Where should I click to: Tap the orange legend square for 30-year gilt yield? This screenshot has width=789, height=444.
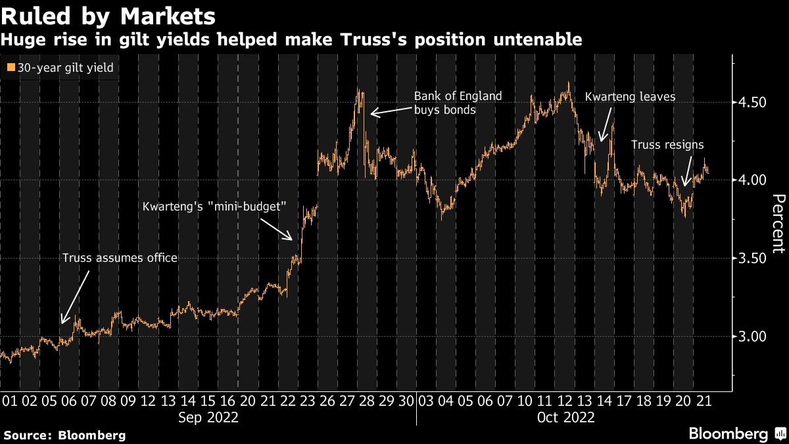(x=10, y=67)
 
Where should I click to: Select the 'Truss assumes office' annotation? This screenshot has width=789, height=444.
(x=120, y=258)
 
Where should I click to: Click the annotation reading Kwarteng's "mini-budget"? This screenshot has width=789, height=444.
(x=215, y=207)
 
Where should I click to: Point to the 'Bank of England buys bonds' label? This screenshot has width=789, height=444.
(x=458, y=103)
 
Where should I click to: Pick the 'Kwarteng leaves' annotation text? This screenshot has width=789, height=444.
(x=630, y=97)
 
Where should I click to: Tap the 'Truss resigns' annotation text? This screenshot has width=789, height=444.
(x=667, y=145)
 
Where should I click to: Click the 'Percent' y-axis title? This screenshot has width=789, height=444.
(x=778, y=224)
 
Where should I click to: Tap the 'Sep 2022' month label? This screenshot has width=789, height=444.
(x=208, y=417)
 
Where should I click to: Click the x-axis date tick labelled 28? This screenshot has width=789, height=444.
(x=367, y=401)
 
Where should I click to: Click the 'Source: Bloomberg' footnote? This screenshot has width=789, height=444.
(x=64, y=435)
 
